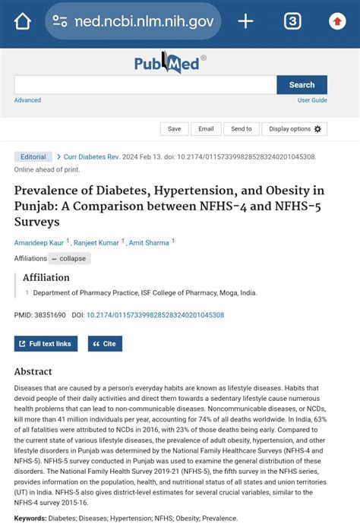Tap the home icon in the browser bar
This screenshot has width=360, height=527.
tap(23, 21)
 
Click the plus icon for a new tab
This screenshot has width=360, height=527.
tap(245, 21)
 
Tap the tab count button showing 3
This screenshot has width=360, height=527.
tap(292, 21)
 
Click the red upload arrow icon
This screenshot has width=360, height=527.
tap(337, 21)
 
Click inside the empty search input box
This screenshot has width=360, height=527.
tap(144, 85)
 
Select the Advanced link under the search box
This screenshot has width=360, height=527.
tap(27, 100)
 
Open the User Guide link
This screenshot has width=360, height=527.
tap(312, 100)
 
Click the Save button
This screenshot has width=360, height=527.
tap(174, 129)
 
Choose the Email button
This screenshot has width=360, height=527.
tap(206, 129)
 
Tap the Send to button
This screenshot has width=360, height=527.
tap(242, 129)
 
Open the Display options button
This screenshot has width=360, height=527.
tap(295, 129)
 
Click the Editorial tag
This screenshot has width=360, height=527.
tap(33, 157)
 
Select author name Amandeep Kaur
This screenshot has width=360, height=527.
tap(39, 243)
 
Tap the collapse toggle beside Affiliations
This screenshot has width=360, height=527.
tap(69, 258)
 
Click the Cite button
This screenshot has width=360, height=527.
tap(105, 344)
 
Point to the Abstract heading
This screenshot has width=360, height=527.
tap(33, 372)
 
